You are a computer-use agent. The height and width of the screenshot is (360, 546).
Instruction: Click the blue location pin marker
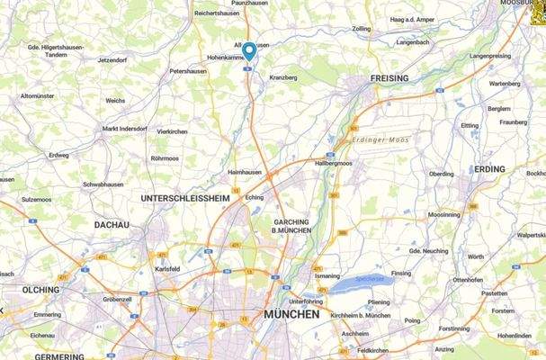(249, 50)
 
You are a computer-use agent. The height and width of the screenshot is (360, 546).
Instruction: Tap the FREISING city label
(389, 78)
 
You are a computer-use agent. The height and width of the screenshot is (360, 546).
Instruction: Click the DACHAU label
(112, 224)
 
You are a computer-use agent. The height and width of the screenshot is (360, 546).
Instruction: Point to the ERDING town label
(490, 169)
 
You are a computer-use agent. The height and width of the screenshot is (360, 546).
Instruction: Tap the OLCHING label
(40, 290)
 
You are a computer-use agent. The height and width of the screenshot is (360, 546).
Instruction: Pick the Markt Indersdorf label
(123, 129)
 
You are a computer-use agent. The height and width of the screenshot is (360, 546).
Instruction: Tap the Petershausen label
(189, 70)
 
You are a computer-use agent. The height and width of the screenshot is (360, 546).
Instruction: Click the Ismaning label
(327, 276)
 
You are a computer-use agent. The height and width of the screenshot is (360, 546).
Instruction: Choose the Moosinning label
(445, 215)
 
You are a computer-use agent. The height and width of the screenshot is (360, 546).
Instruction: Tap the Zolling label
(361, 29)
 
